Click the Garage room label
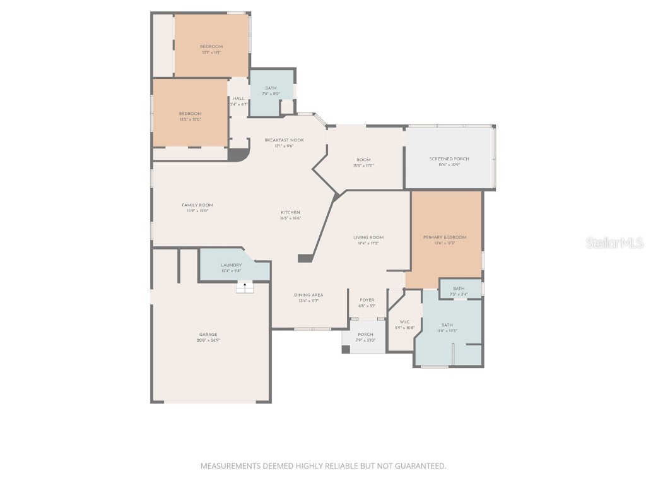(x=209, y=335)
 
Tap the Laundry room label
(x=231, y=265)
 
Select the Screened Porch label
(x=449, y=159)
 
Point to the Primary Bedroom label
(x=444, y=237)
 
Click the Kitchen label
(x=291, y=212)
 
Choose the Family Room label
(x=197, y=205)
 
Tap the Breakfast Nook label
(x=284, y=140)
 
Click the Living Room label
(x=368, y=237)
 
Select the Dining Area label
(x=308, y=295)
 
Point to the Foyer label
(x=367, y=300)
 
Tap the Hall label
(x=238, y=99)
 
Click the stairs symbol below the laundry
(x=245, y=287)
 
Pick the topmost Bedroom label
(x=211, y=47)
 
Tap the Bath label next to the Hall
(x=271, y=88)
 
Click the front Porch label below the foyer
(x=365, y=335)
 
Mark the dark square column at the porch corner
(x=346, y=349)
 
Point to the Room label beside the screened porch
(x=363, y=160)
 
